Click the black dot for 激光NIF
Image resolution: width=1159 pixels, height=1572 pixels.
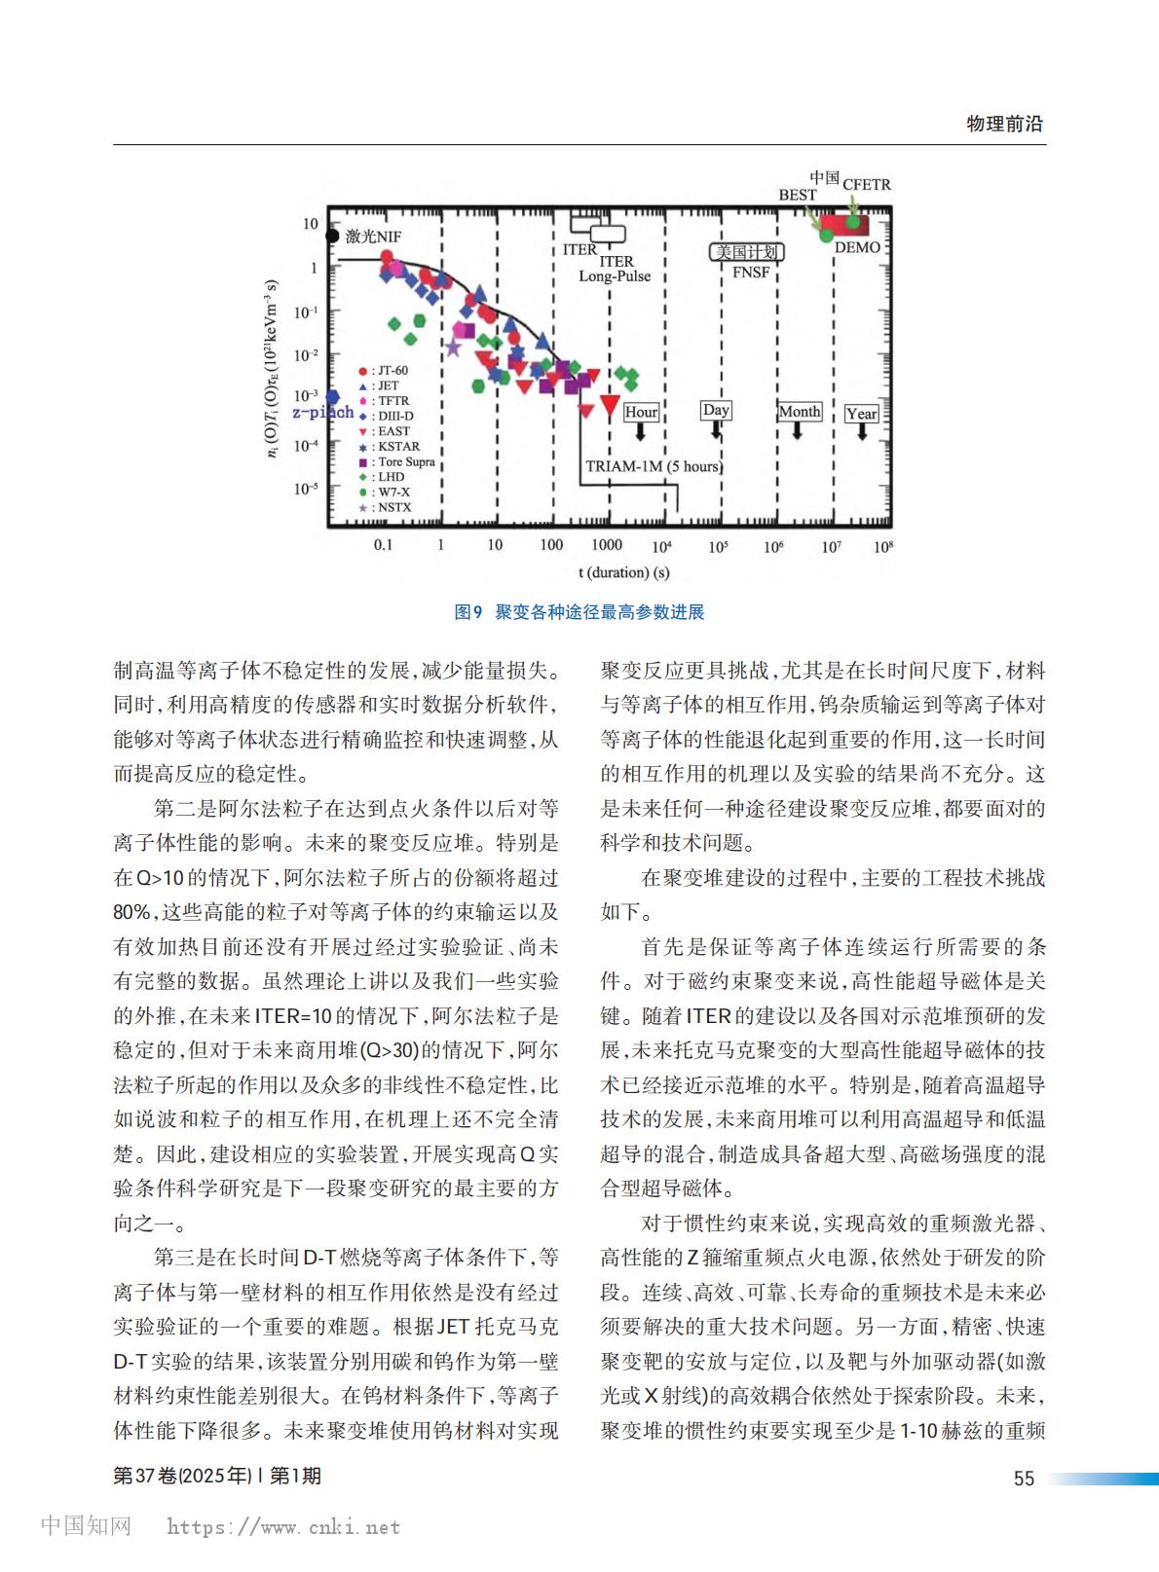click(x=332, y=237)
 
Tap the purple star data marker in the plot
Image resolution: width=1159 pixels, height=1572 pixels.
click(x=453, y=347)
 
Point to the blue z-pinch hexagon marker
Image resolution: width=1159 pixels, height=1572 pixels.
click(x=332, y=397)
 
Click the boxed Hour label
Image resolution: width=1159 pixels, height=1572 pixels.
click(x=640, y=412)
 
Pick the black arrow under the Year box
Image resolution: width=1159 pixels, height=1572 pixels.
click(x=862, y=431)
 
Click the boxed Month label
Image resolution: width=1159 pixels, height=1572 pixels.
click(x=800, y=412)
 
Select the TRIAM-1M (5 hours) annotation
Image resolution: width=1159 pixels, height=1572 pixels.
click(x=654, y=466)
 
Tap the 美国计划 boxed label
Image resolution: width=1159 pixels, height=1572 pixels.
click(x=746, y=252)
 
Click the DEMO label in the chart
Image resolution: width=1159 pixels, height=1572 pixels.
click(x=857, y=247)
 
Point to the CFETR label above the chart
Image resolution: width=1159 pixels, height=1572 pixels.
click(x=866, y=184)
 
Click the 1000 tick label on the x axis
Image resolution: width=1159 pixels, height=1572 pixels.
click(x=607, y=545)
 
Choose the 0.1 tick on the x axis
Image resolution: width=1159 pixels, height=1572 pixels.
click(x=384, y=545)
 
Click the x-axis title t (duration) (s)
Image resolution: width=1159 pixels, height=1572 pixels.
click(x=623, y=572)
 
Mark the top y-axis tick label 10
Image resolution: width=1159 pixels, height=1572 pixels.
click(x=310, y=224)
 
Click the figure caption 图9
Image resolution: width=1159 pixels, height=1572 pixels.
click(x=468, y=612)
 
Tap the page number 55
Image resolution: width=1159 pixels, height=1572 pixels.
click(x=1024, y=1479)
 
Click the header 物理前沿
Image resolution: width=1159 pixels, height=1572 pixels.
click(x=1004, y=124)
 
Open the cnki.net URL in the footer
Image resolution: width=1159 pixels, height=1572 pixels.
click(x=283, y=1527)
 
